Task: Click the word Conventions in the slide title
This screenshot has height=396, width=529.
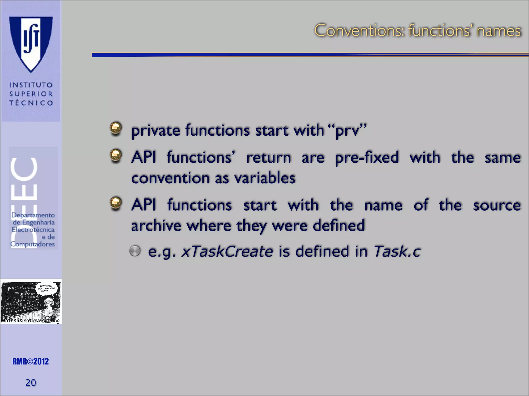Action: [359, 31]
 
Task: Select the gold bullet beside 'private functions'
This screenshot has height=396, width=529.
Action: [116, 128]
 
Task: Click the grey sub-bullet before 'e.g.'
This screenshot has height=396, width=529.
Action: [135, 251]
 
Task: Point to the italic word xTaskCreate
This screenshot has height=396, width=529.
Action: [227, 251]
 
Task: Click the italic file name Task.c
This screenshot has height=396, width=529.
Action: [397, 251]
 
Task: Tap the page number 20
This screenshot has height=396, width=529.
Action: [30, 383]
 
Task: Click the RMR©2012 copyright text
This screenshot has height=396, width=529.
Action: [30, 361]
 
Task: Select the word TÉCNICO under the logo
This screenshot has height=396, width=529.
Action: [31, 103]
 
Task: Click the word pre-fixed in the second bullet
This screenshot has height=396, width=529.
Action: [367, 158]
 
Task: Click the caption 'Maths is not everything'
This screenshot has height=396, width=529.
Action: [30, 321]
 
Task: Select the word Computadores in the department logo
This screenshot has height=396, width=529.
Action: [33, 244]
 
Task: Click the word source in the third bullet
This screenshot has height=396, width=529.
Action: [497, 205]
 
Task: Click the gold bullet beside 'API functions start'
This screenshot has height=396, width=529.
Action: [116, 203]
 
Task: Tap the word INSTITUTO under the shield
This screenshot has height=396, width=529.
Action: [31, 85]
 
